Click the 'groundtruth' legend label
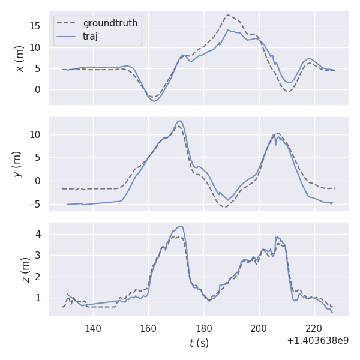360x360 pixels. click(x=110, y=23)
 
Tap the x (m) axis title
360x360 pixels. click(x=20, y=58)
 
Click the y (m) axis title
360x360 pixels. click(x=17, y=164)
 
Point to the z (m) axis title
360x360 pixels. click(x=25, y=269)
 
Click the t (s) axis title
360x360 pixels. click(x=199, y=343)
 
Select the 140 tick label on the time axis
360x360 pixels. click(x=93, y=328)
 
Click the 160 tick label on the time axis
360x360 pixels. click(x=148, y=328)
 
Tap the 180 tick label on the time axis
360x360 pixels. click(x=203, y=328)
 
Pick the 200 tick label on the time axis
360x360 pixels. click(x=259, y=328)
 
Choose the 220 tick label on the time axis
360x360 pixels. click(x=314, y=328)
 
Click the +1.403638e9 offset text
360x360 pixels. click(x=317, y=340)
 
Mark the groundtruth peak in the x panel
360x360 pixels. click(x=228, y=15)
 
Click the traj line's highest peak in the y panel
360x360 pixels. click(x=179, y=121)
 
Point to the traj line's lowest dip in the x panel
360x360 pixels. click(x=154, y=101)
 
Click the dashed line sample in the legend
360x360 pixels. click(x=67, y=23)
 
